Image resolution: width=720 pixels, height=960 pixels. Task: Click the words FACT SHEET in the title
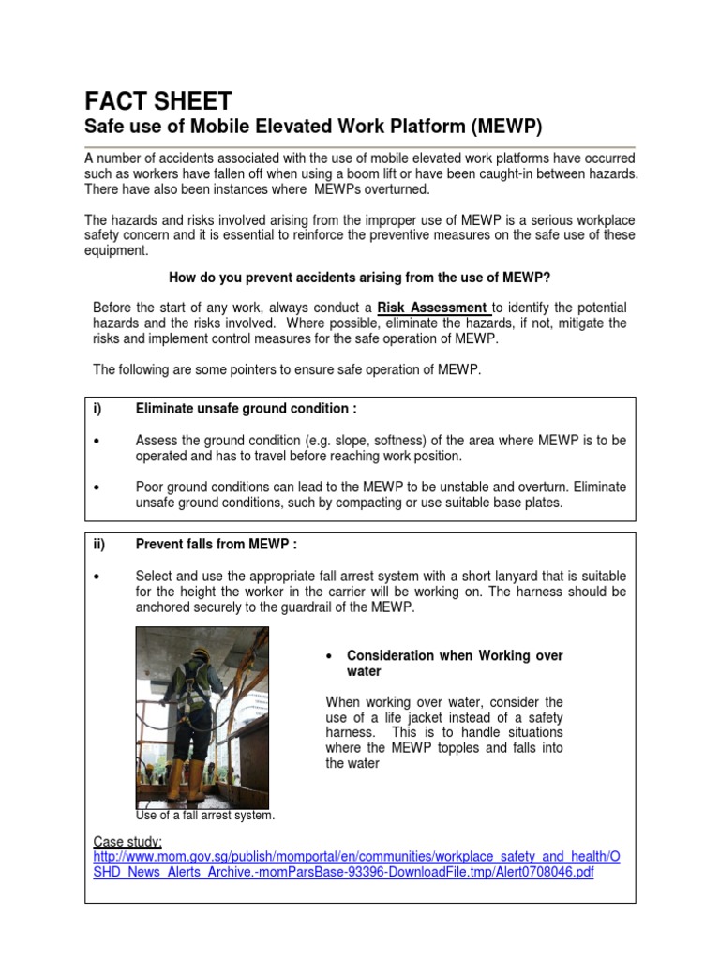158,100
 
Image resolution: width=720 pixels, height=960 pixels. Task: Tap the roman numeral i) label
97,409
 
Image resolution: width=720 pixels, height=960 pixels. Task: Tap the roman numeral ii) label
99,544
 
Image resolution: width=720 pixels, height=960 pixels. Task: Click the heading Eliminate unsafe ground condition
246,409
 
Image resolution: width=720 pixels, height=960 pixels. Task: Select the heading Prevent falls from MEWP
217,544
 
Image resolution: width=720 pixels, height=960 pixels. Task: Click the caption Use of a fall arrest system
205,816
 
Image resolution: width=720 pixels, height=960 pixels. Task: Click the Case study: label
128,841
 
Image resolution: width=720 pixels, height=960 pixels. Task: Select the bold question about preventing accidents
358,277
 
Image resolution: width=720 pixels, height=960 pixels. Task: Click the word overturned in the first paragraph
398,189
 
